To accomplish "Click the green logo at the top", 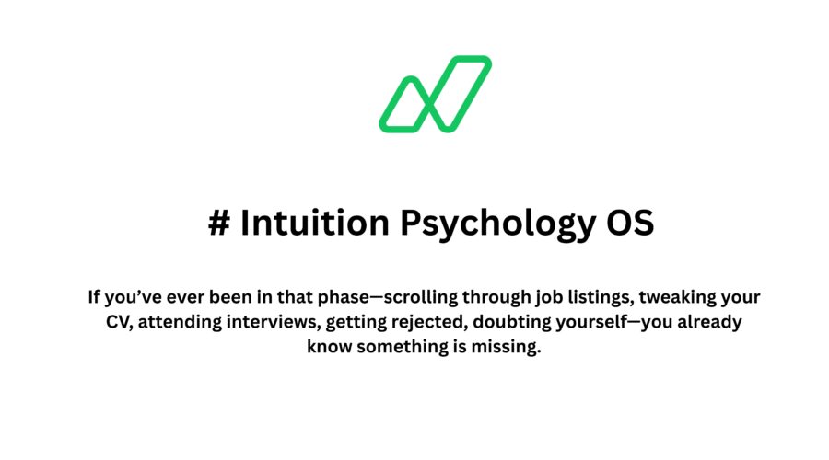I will tap(435, 94).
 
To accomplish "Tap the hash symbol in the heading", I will tap(219, 224).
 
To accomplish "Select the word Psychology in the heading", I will tap(485, 224).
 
